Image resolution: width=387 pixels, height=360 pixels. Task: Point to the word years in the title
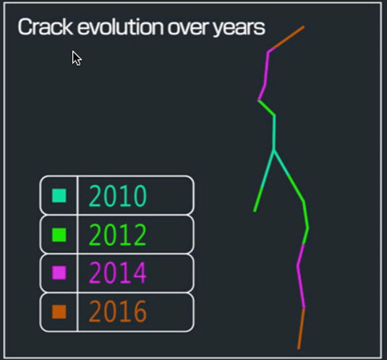pyautogui.click(x=238, y=29)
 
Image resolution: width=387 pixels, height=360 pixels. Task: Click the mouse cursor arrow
pyautogui.click(x=76, y=58)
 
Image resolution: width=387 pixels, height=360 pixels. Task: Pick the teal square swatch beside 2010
pyautogui.click(x=59, y=195)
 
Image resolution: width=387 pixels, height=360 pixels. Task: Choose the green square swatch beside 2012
pyautogui.click(x=59, y=234)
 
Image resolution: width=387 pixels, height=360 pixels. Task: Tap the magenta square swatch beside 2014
pyautogui.click(x=59, y=273)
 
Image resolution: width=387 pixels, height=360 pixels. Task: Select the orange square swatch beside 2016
pyautogui.click(x=59, y=312)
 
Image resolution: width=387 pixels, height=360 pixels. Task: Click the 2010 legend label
pyautogui.click(x=118, y=196)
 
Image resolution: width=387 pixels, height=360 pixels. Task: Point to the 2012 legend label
pyautogui.click(x=118, y=235)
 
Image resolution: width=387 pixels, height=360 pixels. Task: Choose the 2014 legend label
pyautogui.click(x=118, y=273)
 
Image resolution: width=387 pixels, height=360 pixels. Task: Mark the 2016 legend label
pyautogui.click(x=118, y=312)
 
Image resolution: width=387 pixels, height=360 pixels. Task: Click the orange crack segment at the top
pyautogui.click(x=286, y=39)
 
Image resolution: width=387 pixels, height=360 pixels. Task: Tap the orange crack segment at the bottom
pyautogui.click(x=301, y=329)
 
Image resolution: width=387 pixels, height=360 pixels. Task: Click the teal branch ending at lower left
pyautogui.click(x=264, y=181)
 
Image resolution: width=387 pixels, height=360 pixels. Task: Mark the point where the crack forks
pyautogui.click(x=273, y=151)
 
